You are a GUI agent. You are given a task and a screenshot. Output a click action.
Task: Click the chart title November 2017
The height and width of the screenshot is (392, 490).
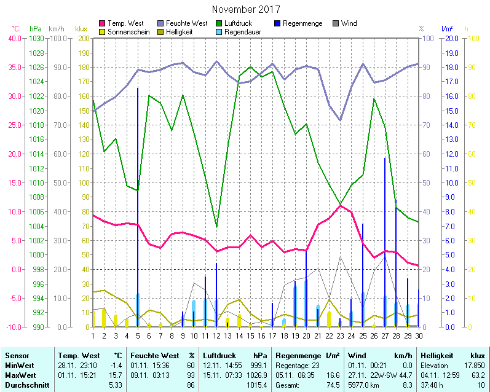tap(245, 10)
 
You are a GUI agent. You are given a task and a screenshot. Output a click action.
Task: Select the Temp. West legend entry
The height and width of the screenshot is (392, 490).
tap(125, 23)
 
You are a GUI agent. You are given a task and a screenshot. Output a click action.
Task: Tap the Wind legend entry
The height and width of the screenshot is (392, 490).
tap(348, 23)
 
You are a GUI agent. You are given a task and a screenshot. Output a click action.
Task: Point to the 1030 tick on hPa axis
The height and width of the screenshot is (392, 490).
tap(36, 38)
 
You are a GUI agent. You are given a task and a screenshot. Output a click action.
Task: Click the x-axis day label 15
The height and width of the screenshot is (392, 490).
tap(250, 335)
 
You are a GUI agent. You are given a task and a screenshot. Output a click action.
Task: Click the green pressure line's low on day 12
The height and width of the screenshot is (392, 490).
tap(216, 226)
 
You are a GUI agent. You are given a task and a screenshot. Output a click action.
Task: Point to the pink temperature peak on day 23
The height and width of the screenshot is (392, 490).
tap(341, 205)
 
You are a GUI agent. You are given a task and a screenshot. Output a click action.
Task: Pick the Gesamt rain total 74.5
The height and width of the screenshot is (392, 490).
tap(333, 385)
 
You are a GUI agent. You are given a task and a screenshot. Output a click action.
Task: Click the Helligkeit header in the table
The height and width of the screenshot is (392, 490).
tap(436, 356)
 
